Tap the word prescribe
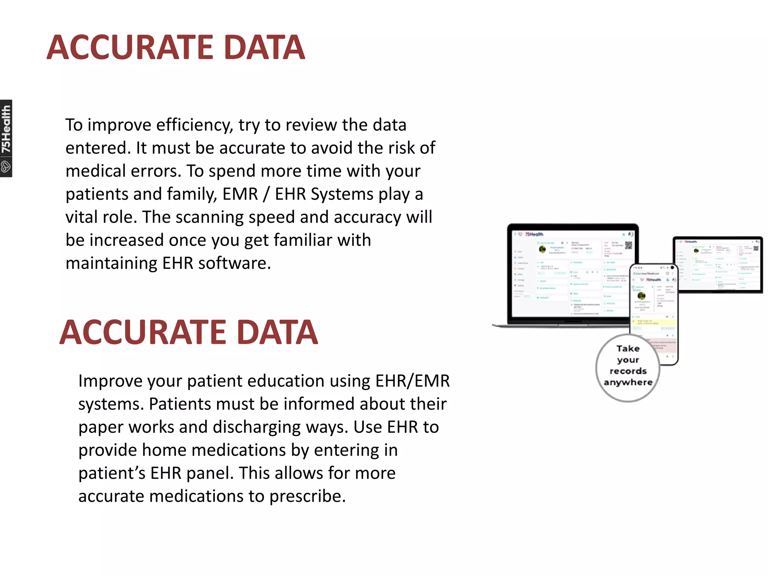pyautogui.click(x=307, y=496)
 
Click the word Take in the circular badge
pyautogui.click(x=628, y=349)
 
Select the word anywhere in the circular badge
pyautogui.click(x=628, y=382)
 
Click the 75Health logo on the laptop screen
pyautogui.click(x=534, y=234)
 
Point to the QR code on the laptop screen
pyautogui.click(x=628, y=245)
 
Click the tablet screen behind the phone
pyautogui.click(x=717, y=264)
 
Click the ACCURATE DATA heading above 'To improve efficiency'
pyautogui.click(x=176, y=48)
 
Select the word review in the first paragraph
pyautogui.click(x=304, y=125)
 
